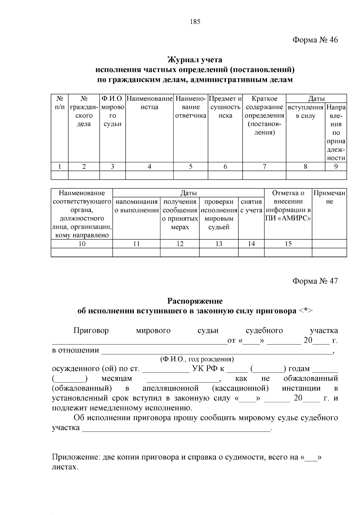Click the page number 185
[195, 22]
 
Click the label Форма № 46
[315, 40]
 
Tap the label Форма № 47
[315, 281]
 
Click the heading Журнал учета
[195, 60]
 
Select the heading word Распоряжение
[195, 301]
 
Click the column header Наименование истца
[149, 103]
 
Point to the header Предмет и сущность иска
[225, 107]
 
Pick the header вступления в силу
[305, 111]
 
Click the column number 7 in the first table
[264, 167]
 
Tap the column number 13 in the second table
[219, 244]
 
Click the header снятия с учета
[251, 206]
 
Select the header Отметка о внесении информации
[288, 206]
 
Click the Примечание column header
[329, 197]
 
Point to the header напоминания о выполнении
[136, 206]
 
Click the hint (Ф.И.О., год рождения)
[197, 359]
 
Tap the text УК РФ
[205, 369]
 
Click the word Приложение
[74, 457]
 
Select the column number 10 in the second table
[82, 244]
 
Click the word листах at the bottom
[64, 467]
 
